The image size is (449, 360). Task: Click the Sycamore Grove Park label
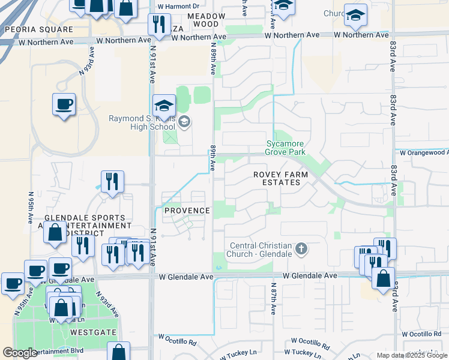pyautogui.click(x=285, y=148)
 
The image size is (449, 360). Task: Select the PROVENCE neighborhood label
pyautogui.click(x=187, y=211)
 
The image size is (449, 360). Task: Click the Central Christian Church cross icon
pyautogui.click(x=301, y=248)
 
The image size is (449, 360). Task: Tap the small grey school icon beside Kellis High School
pyautogui.click(x=185, y=122)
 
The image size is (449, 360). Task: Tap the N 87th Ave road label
pyautogui.click(x=273, y=299)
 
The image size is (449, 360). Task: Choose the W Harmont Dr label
pyautogui.click(x=178, y=7)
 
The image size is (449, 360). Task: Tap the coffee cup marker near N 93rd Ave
pyautogui.click(x=64, y=105)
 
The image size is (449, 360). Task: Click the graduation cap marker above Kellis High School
pyautogui.click(x=163, y=106)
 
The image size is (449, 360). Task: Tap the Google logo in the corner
pyautogui.click(x=20, y=353)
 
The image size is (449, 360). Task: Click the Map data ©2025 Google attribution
pyautogui.click(x=412, y=355)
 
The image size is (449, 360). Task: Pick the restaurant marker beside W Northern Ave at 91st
pyautogui.click(x=158, y=24)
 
